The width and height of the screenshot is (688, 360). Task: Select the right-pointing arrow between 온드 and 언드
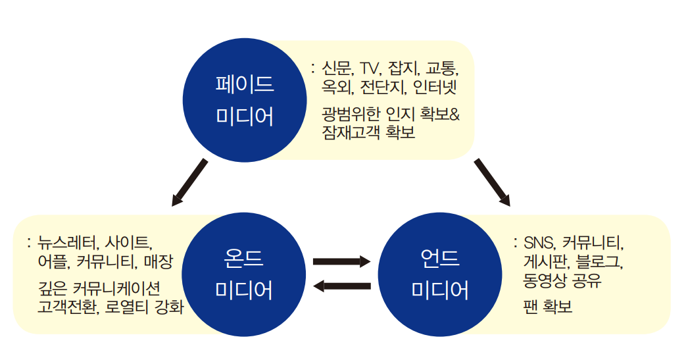[x=341, y=261]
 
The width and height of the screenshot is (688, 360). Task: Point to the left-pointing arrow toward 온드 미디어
[x=341, y=285]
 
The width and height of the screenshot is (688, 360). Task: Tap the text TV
[x=371, y=68]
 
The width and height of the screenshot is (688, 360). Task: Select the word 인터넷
[x=435, y=86]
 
